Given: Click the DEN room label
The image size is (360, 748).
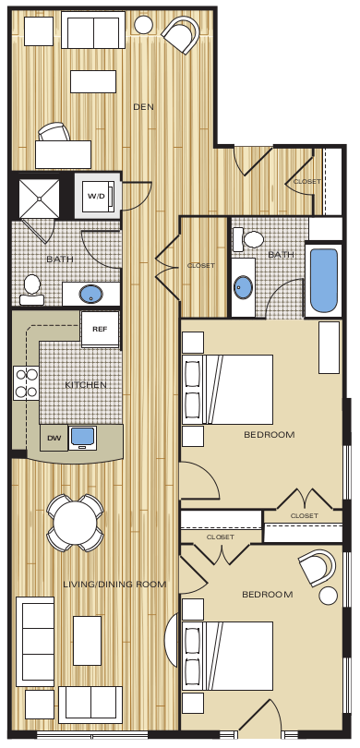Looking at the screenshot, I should tap(143, 107).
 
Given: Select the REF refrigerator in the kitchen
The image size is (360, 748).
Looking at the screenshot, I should tap(99, 328).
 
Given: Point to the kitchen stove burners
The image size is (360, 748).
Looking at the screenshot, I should tap(24, 382).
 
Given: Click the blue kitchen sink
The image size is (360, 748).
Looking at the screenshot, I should tap(84, 435).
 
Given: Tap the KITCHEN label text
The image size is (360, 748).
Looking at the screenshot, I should tap(86, 384).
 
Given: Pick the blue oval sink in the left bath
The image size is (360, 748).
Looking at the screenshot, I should tap(90, 295).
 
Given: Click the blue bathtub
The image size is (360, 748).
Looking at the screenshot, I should tap(324, 280).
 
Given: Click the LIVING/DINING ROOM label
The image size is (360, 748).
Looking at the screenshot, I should tap(114, 584).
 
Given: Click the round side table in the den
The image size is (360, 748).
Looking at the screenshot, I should tap(144, 24).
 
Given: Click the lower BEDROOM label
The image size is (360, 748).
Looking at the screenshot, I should tap(267, 594).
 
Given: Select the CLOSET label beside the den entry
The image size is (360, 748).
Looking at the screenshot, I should tap(306, 181).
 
